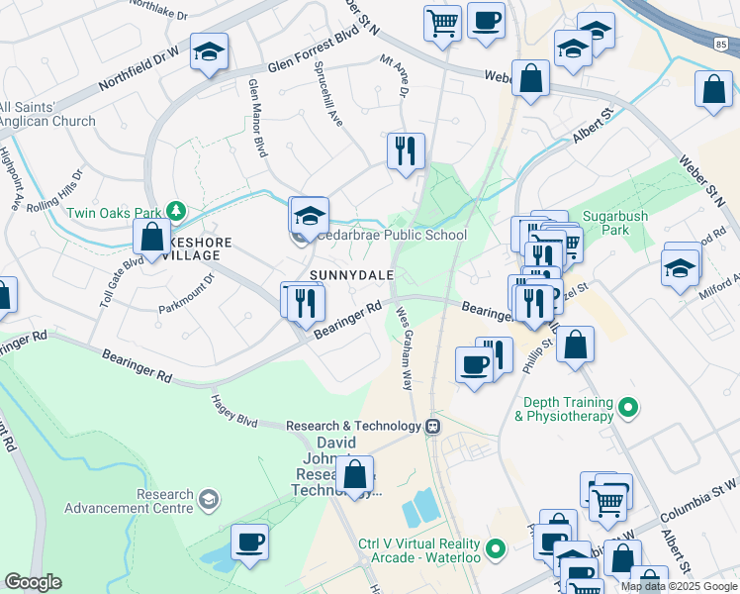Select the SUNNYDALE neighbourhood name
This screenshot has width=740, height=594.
pos(352,274)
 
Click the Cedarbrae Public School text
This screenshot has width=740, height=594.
pos(392,236)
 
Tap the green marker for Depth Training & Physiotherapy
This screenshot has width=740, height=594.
pos(626,407)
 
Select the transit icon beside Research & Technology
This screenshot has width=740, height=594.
pos(432,427)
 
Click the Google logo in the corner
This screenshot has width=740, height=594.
pos(33,582)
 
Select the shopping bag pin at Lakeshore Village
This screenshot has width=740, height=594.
pos(152,238)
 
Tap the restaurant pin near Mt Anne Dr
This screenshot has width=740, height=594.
pos(406,150)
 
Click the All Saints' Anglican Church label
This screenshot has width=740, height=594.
pos(47,114)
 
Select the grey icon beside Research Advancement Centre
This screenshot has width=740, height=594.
pos(208,500)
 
